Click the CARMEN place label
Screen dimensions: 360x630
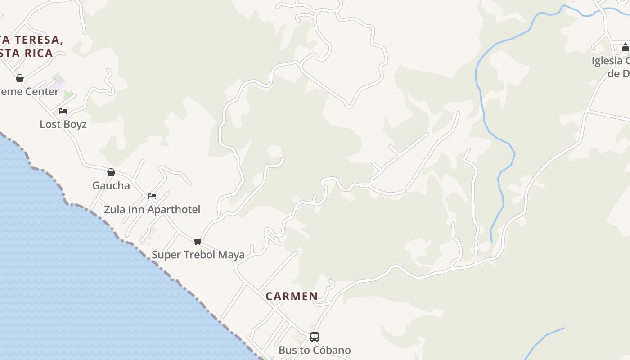tap(292, 296)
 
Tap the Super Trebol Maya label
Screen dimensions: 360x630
tap(198, 255)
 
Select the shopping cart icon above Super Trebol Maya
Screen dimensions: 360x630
tap(198, 241)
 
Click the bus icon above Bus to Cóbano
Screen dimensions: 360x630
tap(315, 337)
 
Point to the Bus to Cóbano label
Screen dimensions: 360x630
tap(315, 350)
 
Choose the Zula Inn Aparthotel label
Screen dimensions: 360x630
tap(152, 210)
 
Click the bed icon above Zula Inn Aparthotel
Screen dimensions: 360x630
tap(152, 196)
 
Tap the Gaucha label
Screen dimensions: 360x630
tap(111, 185)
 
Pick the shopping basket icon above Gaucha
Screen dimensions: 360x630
tap(111, 172)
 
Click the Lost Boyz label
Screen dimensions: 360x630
tap(63, 124)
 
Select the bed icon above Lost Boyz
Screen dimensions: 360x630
tap(63, 111)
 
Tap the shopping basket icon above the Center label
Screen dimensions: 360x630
tap(20, 78)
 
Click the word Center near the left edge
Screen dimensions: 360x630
tap(41, 92)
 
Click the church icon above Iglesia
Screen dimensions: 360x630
tap(625, 47)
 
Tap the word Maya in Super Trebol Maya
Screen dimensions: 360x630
tap(231, 255)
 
